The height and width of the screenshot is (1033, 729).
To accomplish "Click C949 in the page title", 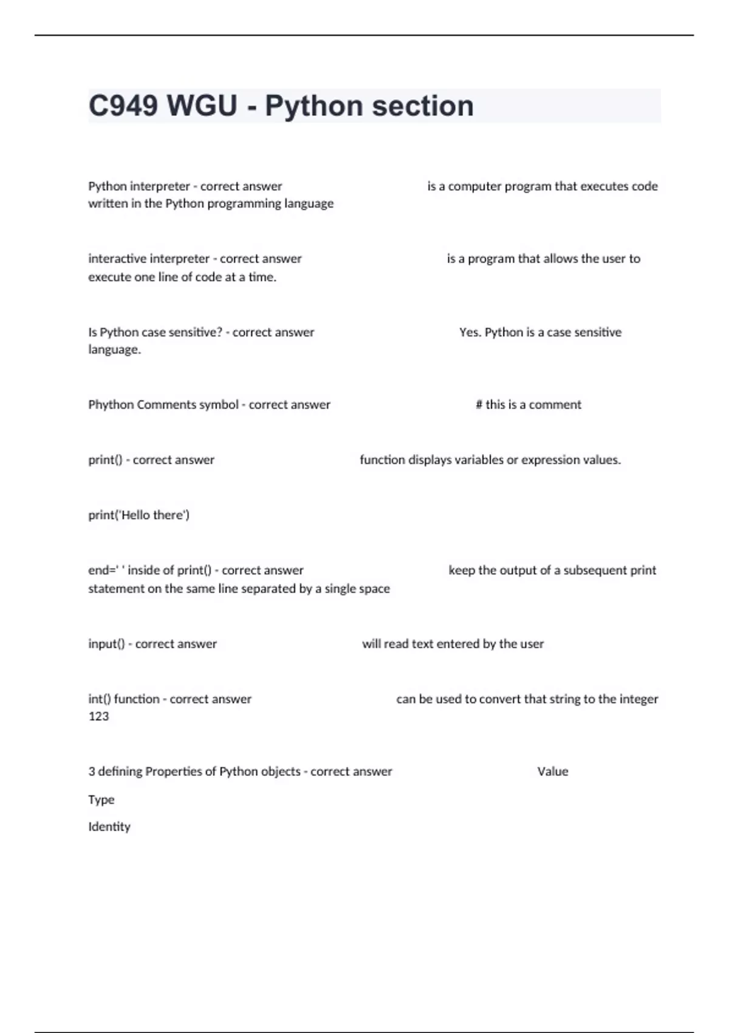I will (123, 106).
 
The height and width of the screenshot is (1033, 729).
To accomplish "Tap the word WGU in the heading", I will (202, 106).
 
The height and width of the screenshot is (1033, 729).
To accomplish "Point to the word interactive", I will (118, 258).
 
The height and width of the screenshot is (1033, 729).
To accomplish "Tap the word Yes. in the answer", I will (470, 332).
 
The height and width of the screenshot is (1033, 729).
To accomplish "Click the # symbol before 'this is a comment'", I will (479, 404).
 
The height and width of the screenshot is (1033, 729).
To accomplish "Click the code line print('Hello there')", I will (139, 515).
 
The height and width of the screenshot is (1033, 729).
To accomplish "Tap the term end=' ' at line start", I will (106, 570).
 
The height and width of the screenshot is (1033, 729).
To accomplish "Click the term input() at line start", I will (106, 643).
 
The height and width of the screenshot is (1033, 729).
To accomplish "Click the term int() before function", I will (100, 699).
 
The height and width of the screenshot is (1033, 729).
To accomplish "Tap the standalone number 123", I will (98, 716).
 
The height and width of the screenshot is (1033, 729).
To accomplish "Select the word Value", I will (553, 771).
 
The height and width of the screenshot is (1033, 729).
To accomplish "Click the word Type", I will (101, 799).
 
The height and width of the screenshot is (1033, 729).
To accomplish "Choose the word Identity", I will (109, 826).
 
